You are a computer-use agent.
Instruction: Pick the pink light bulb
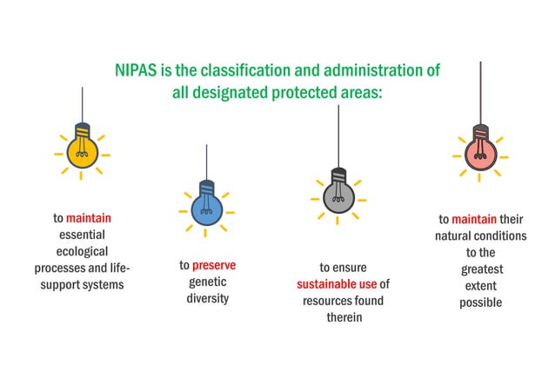click(480, 151)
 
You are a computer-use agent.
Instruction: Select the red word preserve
click(214, 265)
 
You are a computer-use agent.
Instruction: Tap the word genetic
click(207, 282)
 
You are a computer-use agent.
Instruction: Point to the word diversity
click(207, 298)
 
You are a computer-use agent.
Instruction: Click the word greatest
click(481, 269)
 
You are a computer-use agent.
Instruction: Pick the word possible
click(481, 302)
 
